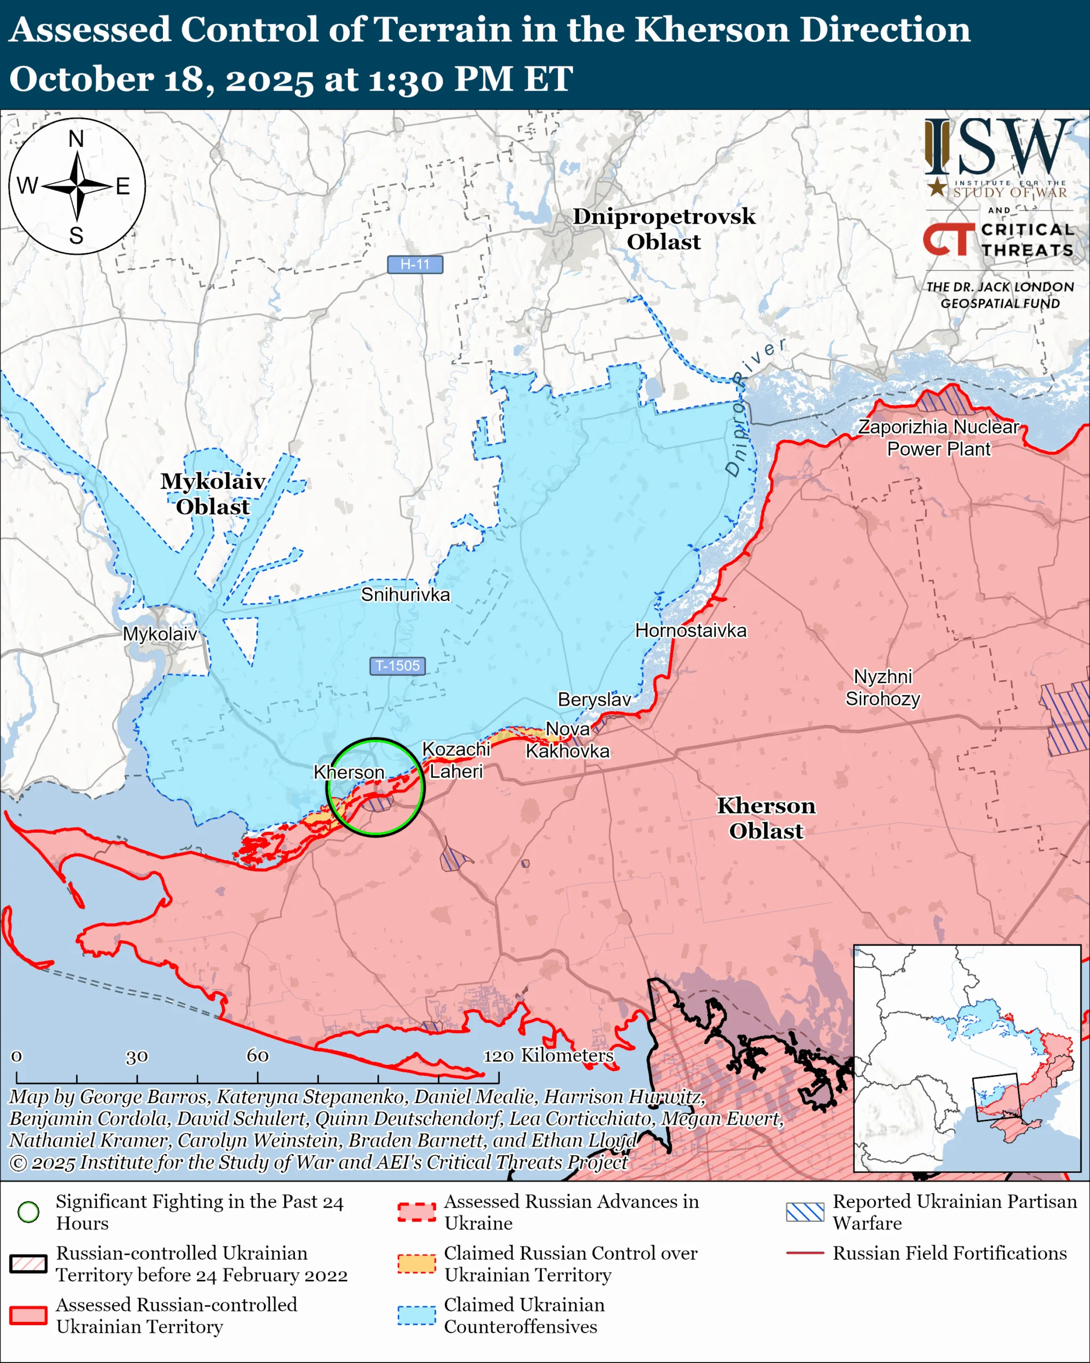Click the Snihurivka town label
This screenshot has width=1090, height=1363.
click(x=405, y=594)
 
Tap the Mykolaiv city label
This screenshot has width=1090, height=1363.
click(x=160, y=634)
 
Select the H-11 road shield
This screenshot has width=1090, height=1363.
click(x=415, y=264)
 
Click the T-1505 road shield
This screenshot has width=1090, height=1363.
click(x=397, y=666)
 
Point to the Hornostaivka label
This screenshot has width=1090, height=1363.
click(x=691, y=630)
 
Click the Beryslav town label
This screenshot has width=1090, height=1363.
click(x=594, y=699)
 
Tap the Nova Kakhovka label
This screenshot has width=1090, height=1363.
click(x=567, y=740)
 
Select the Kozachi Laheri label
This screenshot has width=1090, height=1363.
click(x=456, y=760)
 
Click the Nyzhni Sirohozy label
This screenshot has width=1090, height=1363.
click(x=883, y=688)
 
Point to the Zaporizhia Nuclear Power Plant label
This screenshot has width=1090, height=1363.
click(x=938, y=438)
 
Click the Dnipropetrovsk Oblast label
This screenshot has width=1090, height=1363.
click(x=664, y=229)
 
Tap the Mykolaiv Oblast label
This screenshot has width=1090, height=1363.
click(x=212, y=494)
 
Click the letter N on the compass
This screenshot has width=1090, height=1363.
click(x=77, y=138)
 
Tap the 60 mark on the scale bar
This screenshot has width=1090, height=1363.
click(x=257, y=1056)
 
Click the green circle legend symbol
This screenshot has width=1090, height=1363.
click(x=28, y=1212)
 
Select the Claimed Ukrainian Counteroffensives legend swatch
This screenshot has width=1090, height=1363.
click(x=416, y=1316)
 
